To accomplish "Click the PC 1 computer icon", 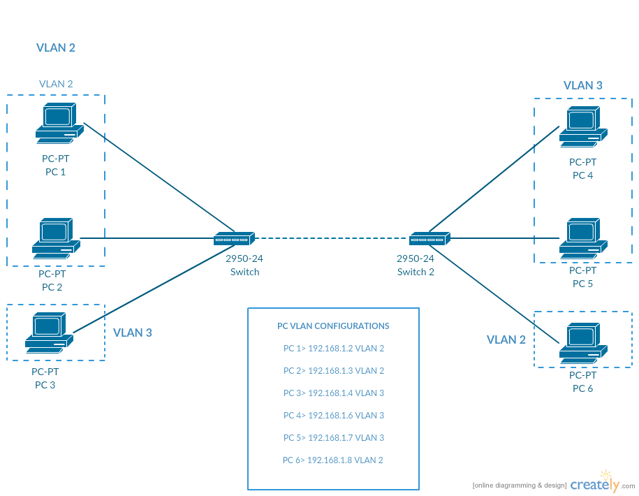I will coord(56,123).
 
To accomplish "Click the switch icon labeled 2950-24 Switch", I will coord(235,239).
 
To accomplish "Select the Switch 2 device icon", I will coord(430,239).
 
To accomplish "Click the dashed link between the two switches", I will coord(332,238).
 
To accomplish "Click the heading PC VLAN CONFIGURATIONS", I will coord(333,326).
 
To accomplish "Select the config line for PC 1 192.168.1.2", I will coord(333,349).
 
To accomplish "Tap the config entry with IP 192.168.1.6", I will coord(333,416).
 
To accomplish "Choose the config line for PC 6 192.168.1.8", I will coord(333,460).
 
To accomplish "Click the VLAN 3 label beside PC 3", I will coord(133,333).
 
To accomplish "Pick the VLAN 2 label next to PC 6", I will coord(506,340).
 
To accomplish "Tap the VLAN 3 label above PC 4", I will coord(582,85).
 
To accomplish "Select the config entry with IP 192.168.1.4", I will coord(333,393).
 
